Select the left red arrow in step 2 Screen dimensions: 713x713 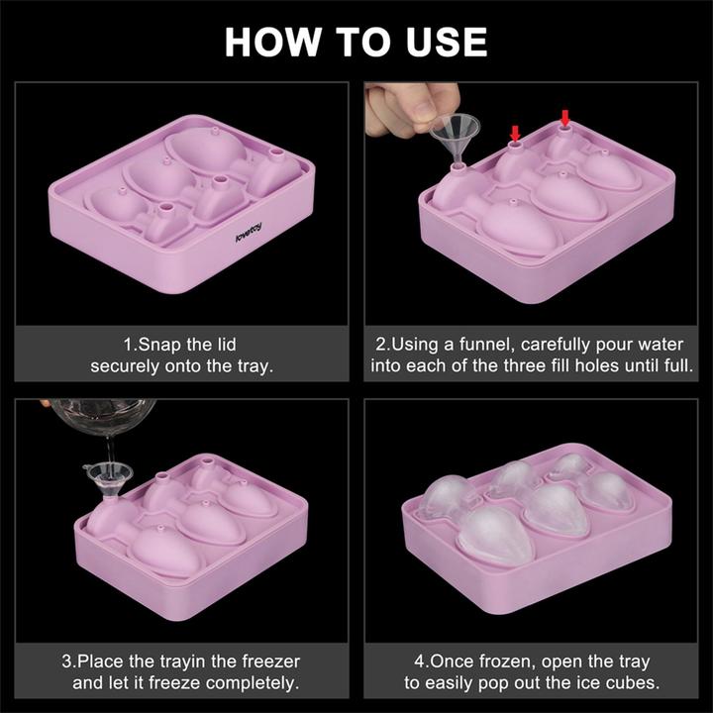514,132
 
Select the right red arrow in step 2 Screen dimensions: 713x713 565,118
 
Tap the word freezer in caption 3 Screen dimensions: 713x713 266,662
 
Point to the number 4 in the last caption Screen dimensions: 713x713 420,662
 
